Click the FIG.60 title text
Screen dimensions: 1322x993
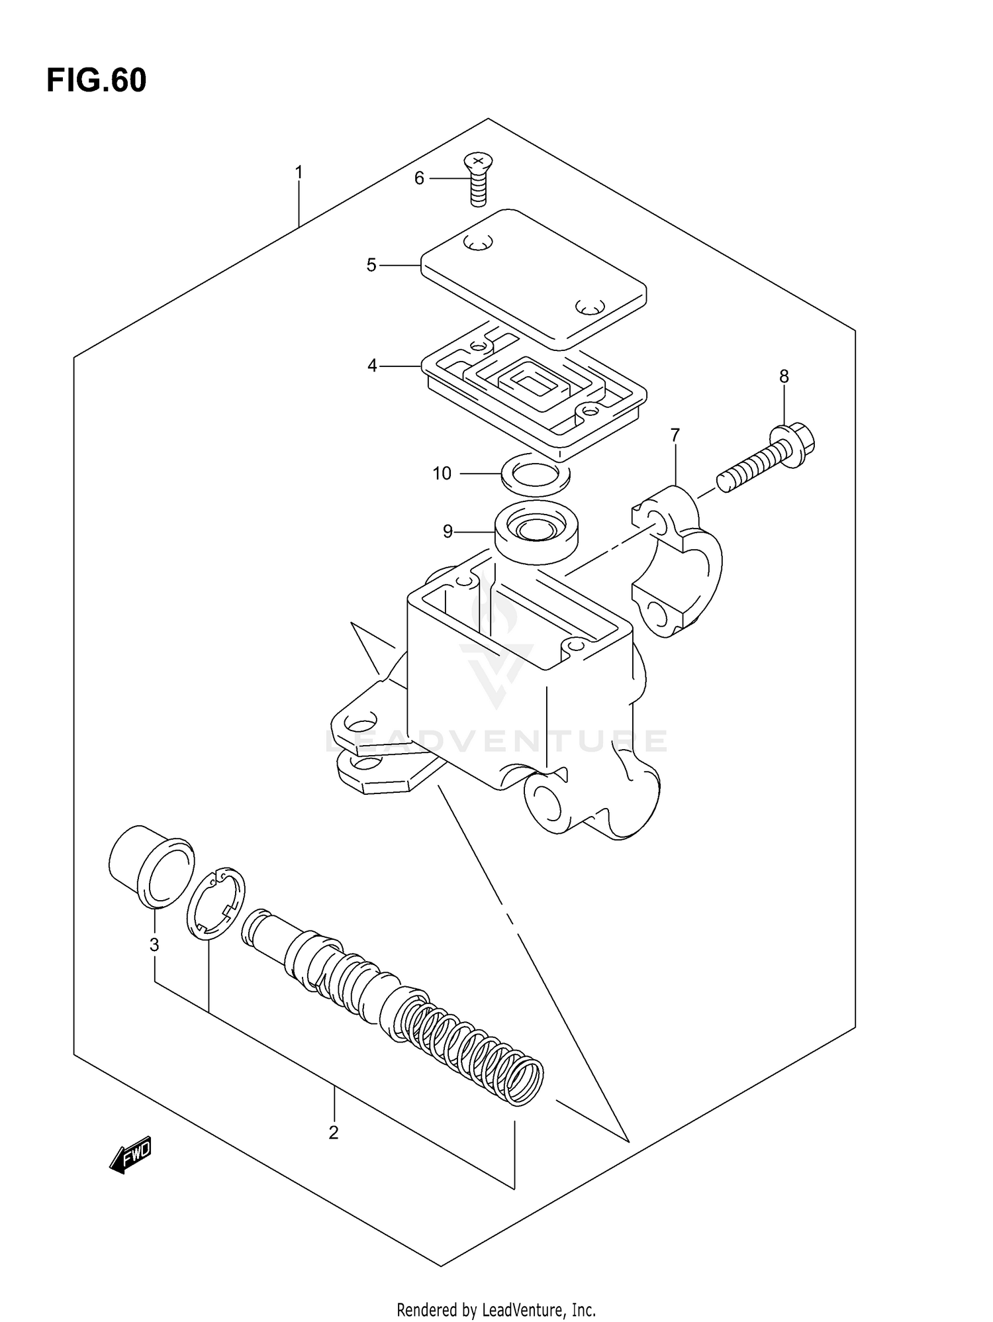(x=97, y=81)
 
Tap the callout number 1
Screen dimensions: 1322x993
(x=299, y=173)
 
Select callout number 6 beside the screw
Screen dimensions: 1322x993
(x=419, y=178)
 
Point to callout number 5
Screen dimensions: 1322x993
(x=371, y=266)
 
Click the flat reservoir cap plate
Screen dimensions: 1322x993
(x=534, y=278)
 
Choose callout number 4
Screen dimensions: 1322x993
(x=372, y=366)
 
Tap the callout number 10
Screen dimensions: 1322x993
(x=442, y=474)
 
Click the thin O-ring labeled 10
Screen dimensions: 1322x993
(x=536, y=474)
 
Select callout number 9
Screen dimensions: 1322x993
(x=448, y=531)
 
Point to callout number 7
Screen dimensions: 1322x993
(x=675, y=435)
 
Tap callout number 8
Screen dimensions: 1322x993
(x=784, y=377)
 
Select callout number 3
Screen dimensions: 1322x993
(x=154, y=945)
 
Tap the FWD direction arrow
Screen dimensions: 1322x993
(x=131, y=1156)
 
